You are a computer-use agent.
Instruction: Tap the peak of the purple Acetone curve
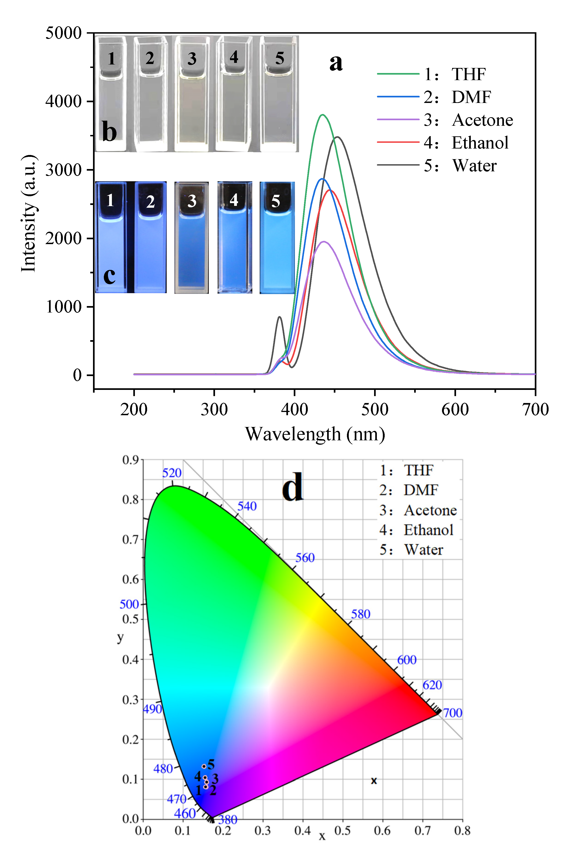(x=323, y=242)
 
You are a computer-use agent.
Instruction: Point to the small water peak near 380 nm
(x=279, y=317)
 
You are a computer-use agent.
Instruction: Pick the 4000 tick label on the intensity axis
(x=63, y=101)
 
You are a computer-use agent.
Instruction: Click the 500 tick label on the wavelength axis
(x=374, y=410)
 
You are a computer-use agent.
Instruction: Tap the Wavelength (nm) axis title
(x=315, y=434)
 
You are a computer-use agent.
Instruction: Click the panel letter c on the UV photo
(x=109, y=276)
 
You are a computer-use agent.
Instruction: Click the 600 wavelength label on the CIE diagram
(x=406, y=660)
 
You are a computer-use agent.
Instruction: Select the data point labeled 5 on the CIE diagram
(x=204, y=766)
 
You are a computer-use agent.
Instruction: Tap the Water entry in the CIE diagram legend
(x=424, y=550)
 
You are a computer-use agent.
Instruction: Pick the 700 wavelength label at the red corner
(x=453, y=713)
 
